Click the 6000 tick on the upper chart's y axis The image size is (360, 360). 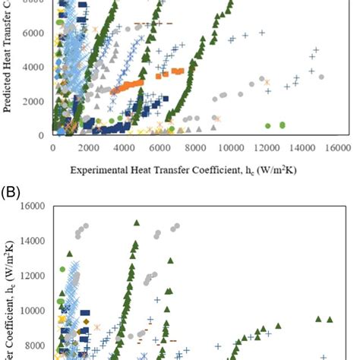pos(36,33)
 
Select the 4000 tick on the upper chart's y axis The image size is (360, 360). pos(36,67)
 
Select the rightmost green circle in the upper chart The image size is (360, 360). pos(283,125)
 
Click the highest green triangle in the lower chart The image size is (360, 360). pos(137,223)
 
